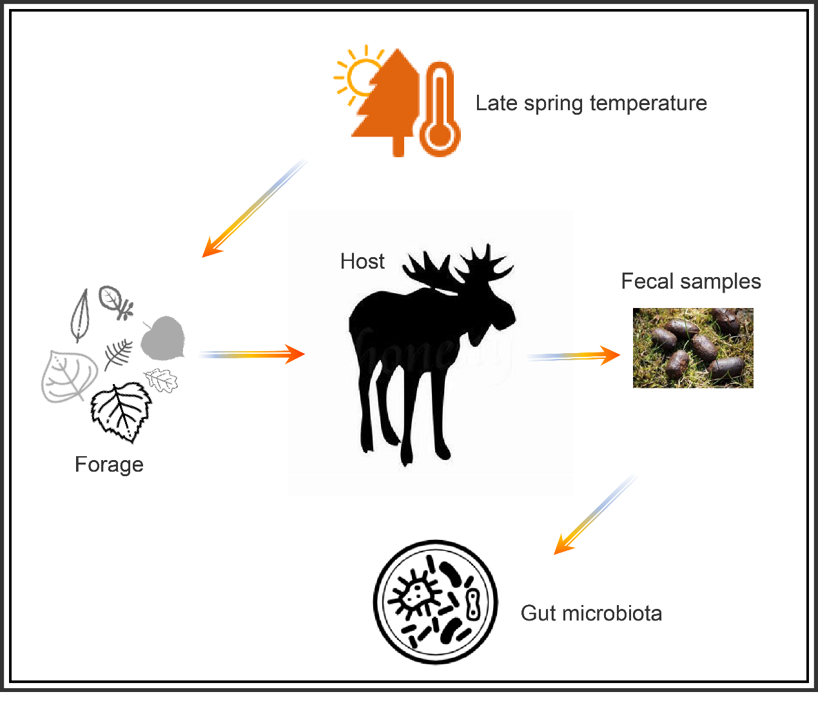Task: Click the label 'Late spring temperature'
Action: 591,103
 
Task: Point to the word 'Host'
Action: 362,262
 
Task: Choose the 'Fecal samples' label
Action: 691,282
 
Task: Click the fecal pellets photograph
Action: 693,348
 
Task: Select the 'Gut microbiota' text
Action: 591,613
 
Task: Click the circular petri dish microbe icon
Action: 436,602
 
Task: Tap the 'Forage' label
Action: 109,465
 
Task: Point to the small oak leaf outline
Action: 161,380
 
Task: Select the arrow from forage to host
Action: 251,354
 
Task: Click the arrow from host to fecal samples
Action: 574,356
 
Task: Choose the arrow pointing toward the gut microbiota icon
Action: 594,515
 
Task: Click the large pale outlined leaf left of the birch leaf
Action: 67,376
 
